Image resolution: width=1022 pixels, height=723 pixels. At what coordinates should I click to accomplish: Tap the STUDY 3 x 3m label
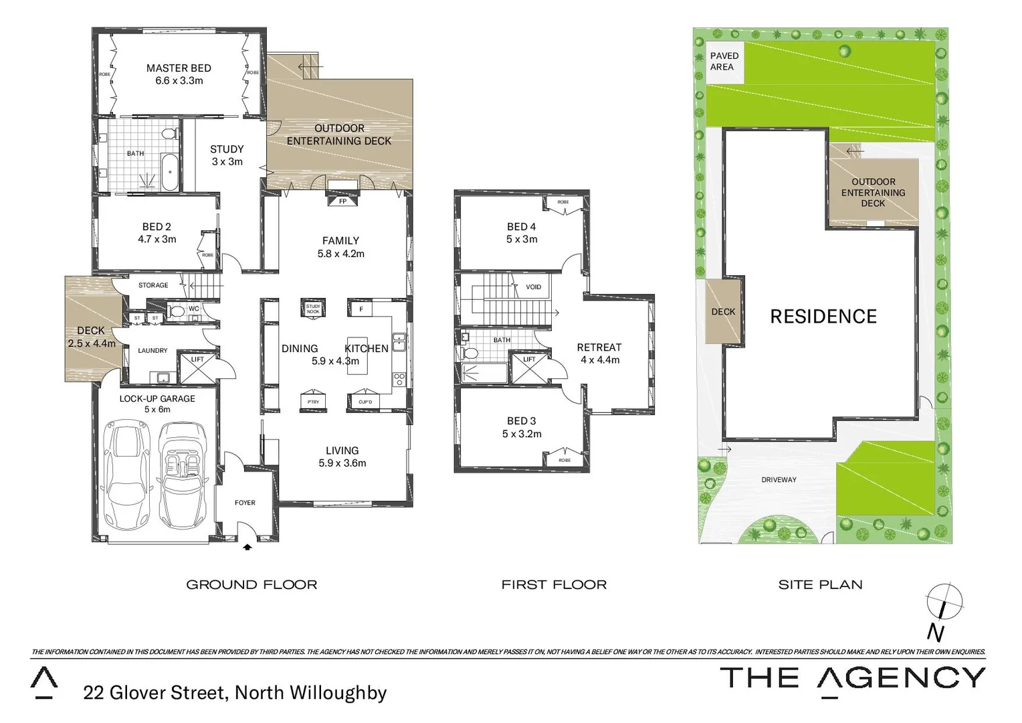[x=227, y=155]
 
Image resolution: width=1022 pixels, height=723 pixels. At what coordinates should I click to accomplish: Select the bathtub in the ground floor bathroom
[x=170, y=171]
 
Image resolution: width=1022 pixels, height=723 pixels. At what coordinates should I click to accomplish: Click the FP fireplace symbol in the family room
[x=342, y=200]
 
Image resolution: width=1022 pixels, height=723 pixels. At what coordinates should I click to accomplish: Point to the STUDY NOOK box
[x=313, y=309]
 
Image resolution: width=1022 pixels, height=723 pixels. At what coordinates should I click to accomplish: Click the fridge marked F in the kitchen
[x=361, y=309]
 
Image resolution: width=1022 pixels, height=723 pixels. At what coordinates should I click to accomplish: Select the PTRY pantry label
[x=313, y=401]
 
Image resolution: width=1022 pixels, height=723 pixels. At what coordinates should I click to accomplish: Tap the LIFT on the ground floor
[x=197, y=368]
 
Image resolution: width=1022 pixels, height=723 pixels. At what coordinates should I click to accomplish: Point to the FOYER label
[x=245, y=503]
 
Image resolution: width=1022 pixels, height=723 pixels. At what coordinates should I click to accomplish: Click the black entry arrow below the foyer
[x=247, y=546]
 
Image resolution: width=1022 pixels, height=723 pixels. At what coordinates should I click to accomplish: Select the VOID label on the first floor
[x=533, y=287]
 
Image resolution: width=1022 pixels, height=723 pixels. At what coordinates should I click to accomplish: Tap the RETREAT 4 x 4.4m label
[x=599, y=353]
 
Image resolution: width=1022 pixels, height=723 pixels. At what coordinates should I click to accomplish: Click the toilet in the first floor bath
[x=470, y=353]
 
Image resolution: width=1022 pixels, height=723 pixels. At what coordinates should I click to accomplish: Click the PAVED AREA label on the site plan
[x=724, y=61]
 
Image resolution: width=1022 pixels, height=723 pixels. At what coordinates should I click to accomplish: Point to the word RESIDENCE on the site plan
[x=823, y=317]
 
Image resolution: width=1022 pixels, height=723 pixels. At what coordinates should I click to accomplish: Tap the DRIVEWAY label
[x=779, y=480]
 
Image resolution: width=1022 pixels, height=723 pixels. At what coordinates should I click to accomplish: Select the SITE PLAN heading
[x=820, y=584]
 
